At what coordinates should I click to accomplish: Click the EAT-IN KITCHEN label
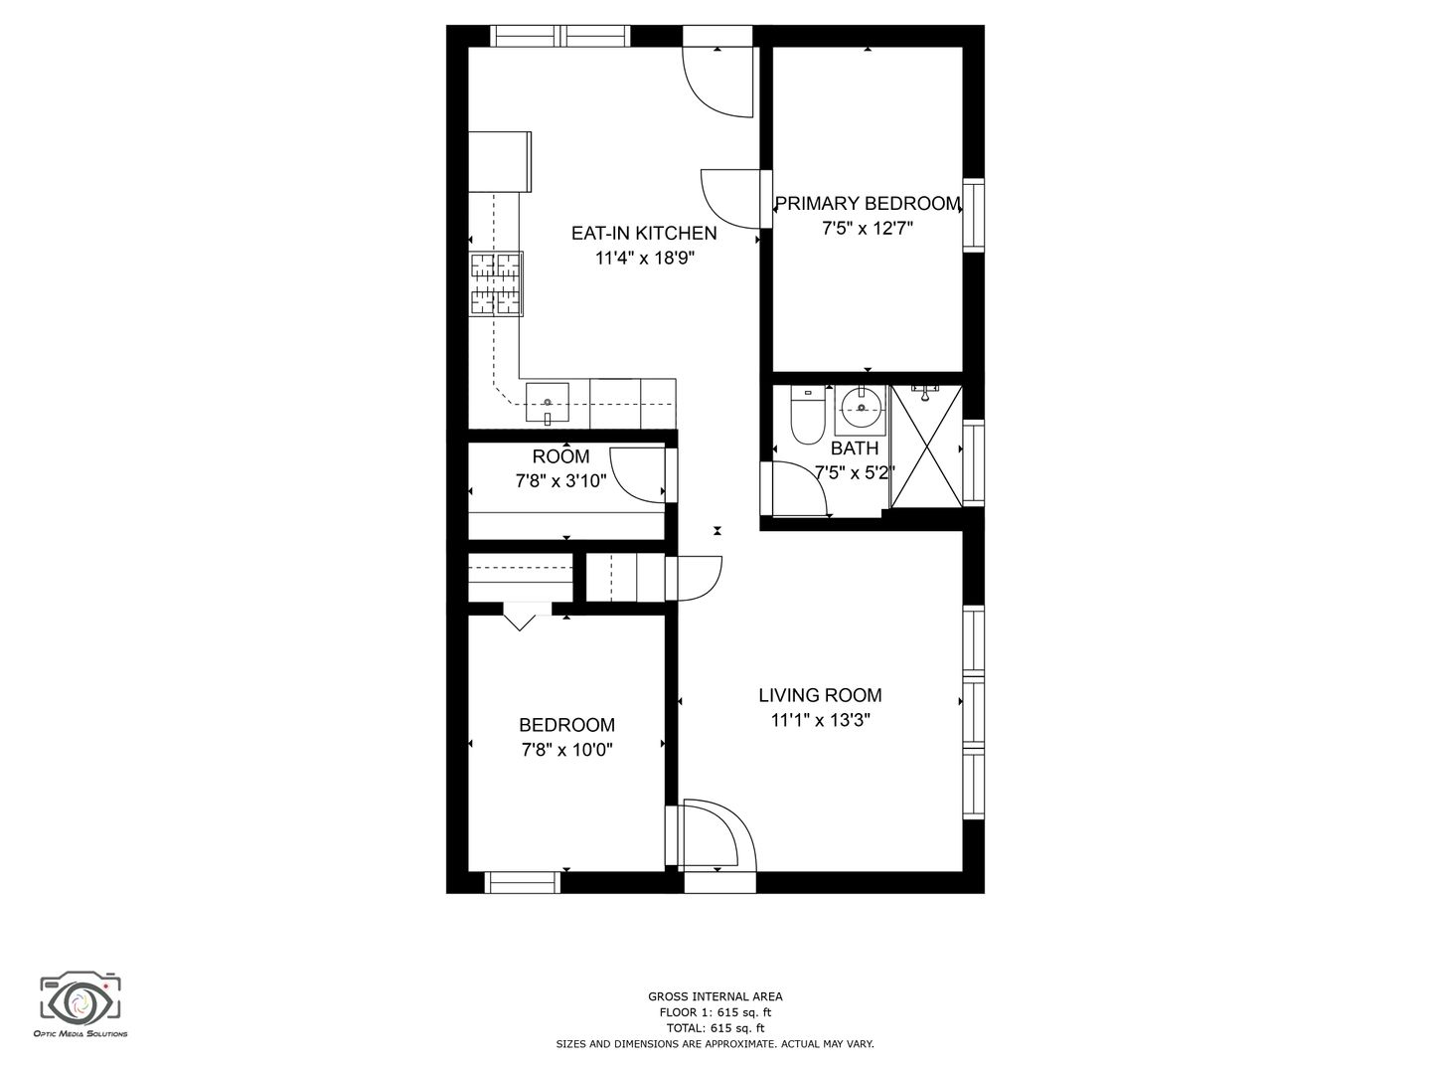tap(644, 233)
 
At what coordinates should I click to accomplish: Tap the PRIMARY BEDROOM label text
tap(868, 204)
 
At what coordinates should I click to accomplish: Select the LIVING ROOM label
tap(820, 695)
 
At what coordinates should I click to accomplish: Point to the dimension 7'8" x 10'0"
tap(566, 750)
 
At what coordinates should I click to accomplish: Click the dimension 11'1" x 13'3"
tap(820, 721)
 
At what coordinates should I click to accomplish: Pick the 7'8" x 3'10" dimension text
tap(560, 481)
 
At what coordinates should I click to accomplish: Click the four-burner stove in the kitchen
tap(496, 284)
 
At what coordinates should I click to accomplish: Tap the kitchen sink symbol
tap(547, 405)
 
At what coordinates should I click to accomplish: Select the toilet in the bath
tap(808, 415)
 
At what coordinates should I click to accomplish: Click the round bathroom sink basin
tap(862, 408)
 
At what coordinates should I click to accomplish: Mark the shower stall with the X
tap(926, 446)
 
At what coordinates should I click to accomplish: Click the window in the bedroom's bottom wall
tap(523, 882)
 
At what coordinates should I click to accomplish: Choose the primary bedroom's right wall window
tap(973, 215)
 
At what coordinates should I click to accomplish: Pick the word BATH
tap(854, 448)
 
